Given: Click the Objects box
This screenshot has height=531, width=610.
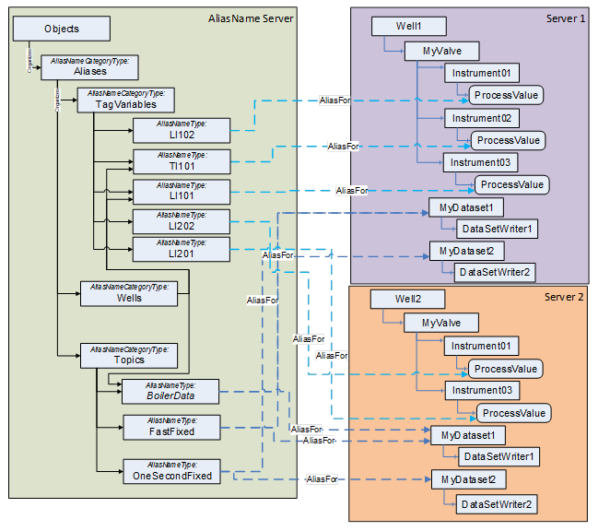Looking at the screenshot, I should click(x=61, y=29).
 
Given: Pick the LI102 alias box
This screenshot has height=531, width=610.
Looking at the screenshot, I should click(x=181, y=130).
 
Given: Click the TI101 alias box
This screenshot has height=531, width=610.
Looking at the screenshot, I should click(x=181, y=161).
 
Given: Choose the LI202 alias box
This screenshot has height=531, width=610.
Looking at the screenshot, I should click(x=181, y=221).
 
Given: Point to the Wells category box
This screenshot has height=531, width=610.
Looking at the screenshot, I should click(x=129, y=293).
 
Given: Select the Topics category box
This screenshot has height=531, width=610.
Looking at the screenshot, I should click(x=129, y=355).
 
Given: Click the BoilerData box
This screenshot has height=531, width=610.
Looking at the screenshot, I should click(x=170, y=391).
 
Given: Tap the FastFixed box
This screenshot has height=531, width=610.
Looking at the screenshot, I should click(x=170, y=427).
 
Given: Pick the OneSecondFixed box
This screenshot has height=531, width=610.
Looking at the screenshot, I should click(x=172, y=471).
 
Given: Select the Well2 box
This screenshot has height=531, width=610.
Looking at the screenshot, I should click(x=406, y=300).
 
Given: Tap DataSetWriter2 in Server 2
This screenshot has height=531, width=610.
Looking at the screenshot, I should click(x=498, y=502).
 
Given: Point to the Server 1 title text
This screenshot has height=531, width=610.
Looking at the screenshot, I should click(x=565, y=19).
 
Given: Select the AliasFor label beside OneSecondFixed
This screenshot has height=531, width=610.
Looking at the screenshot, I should click(x=322, y=479).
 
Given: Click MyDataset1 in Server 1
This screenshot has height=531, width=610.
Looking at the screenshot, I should click(x=466, y=208).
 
